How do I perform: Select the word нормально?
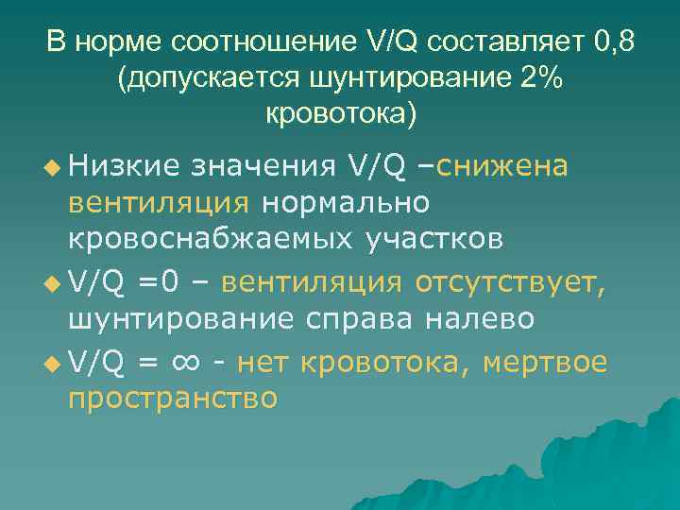[x=345, y=202]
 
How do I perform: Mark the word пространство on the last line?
[x=173, y=399]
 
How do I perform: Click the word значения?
[x=262, y=166]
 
